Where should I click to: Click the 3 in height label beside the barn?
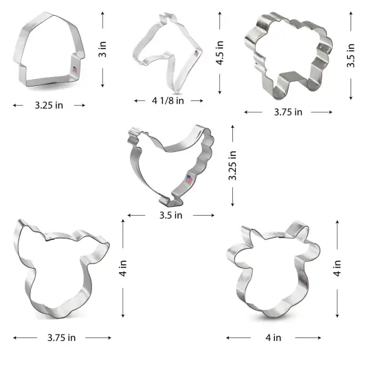pos(102,49)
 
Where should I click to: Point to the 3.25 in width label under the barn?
pos(49,105)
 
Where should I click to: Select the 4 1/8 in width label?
pos(168,100)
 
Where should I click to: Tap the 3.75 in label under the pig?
pos(62,337)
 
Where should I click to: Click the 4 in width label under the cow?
pos(274,337)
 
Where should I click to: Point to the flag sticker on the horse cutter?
pos(196,53)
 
